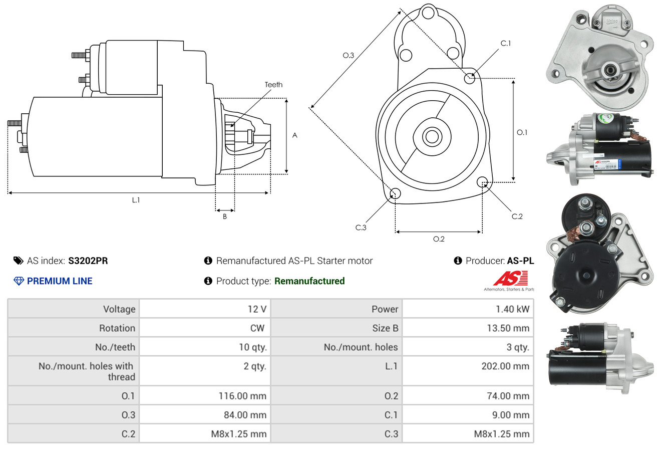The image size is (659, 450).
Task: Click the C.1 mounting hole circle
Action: pyautogui.click(x=470, y=78)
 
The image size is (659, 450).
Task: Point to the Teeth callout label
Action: pyautogui.click(x=273, y=85)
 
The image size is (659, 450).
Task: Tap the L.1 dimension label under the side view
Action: pyautogui.click(x=136, y=200)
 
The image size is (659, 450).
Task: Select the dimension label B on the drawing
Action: pyautogui.click(x=225, y=217)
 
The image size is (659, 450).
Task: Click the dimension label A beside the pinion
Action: pyautogui.click(x=295, y=135)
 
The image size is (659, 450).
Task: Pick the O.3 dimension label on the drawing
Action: pyautogui.click(x=348, y=56)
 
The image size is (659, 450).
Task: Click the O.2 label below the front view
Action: pyautogui.click(x=439, y=239)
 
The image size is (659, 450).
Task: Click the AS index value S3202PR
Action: pyautogui.click(x=88, y=261)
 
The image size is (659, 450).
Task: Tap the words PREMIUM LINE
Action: pyautogui.click(x=60, y=281)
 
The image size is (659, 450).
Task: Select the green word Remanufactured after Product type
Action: pyautogui.click(x=309, y=281)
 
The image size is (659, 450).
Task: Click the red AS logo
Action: pyautogui.click(x=510, y=279)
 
